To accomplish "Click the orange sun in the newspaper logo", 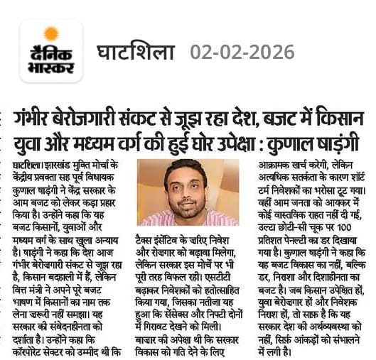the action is (x=51, y=33).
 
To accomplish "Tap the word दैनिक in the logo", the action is (x=50, y=52).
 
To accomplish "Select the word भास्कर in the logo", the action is (x=50, y=67).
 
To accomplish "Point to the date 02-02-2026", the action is (x=242, y=52).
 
